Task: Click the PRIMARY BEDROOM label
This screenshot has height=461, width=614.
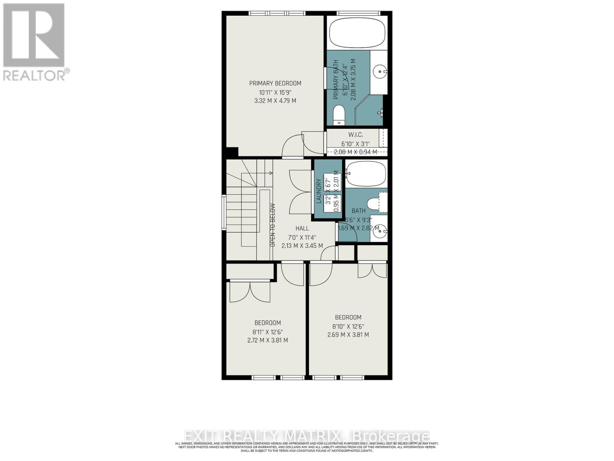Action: [x=275, y=83]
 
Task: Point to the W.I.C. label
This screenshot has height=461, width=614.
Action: [x=355, y=135]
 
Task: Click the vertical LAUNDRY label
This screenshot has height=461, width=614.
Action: [x=319, y=191]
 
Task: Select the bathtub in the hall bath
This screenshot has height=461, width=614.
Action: [x=365, y=174]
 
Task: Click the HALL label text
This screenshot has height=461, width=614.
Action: [x=302, y=229]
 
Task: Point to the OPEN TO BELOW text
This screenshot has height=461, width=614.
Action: [x=273, y=225]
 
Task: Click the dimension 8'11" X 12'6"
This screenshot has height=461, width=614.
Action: [x=267, y=332]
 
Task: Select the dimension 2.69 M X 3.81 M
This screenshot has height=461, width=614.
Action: [x=348, y=335]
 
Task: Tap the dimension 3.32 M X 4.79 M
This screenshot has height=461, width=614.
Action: [x=275, y=101]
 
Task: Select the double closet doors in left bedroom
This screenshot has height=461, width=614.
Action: [x=250, y=292]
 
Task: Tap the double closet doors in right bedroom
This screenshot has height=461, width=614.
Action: [x=372, y=270]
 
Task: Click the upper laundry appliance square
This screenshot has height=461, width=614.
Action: [x=332, y=181]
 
